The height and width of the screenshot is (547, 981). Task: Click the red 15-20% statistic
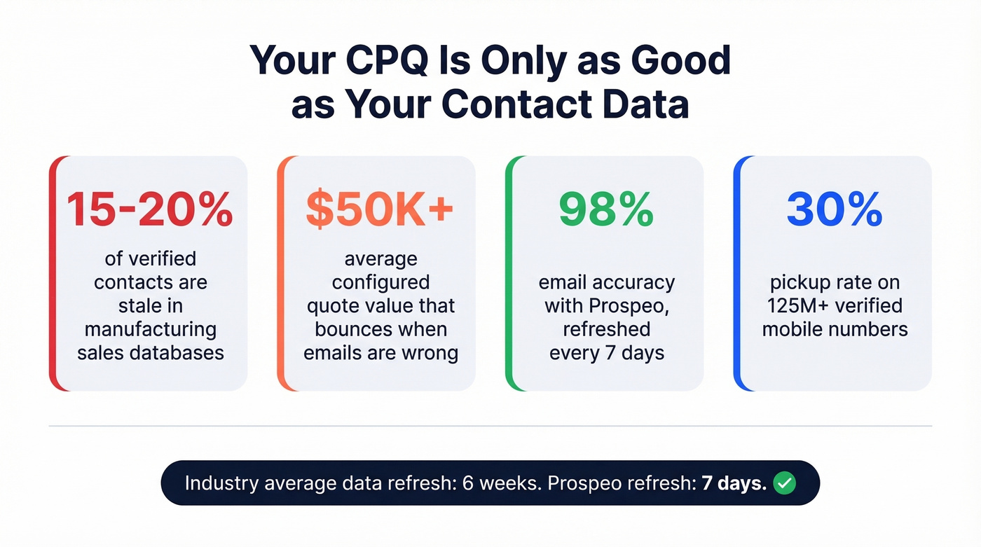[150, 209]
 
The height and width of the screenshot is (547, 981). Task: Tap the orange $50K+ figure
[380, 209]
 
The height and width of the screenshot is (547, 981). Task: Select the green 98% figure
[606, 209]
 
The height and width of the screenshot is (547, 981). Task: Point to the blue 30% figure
[834, 209]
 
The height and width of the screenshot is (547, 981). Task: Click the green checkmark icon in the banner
[784, 483]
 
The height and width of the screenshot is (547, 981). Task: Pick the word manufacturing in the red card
[150, 328]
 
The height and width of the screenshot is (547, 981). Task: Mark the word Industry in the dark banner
[217, 483]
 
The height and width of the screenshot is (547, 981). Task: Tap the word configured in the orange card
[380, 282]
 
